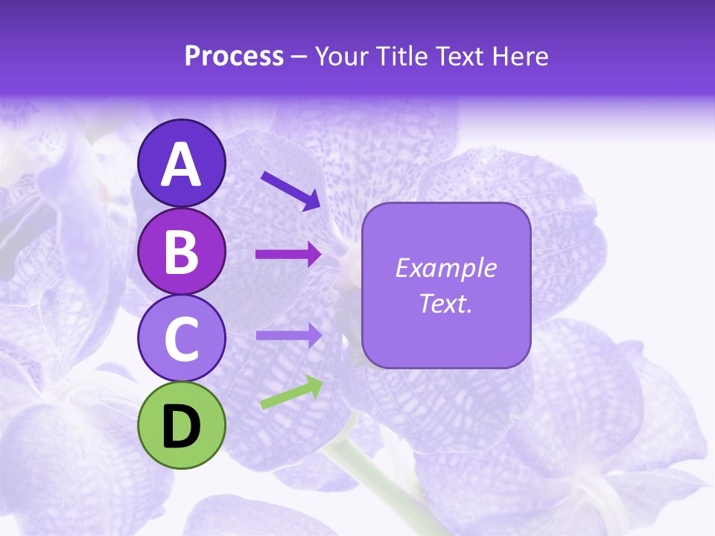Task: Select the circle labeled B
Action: pos(181,252)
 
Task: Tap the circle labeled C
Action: pos(181,338)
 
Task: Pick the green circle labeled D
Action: pos(181,425)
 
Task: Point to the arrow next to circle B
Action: pos(288,255)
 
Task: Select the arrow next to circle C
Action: pos(288,335)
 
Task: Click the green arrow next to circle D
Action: pos(291,393)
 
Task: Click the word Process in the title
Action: pos(234,57)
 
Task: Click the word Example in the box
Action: pos(446,268)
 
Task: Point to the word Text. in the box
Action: pos(446,303)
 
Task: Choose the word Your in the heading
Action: pos(342,57)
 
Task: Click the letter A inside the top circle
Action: pos(181,165)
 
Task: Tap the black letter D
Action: pos(181,427)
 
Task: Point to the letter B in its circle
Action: pos(181,252)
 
